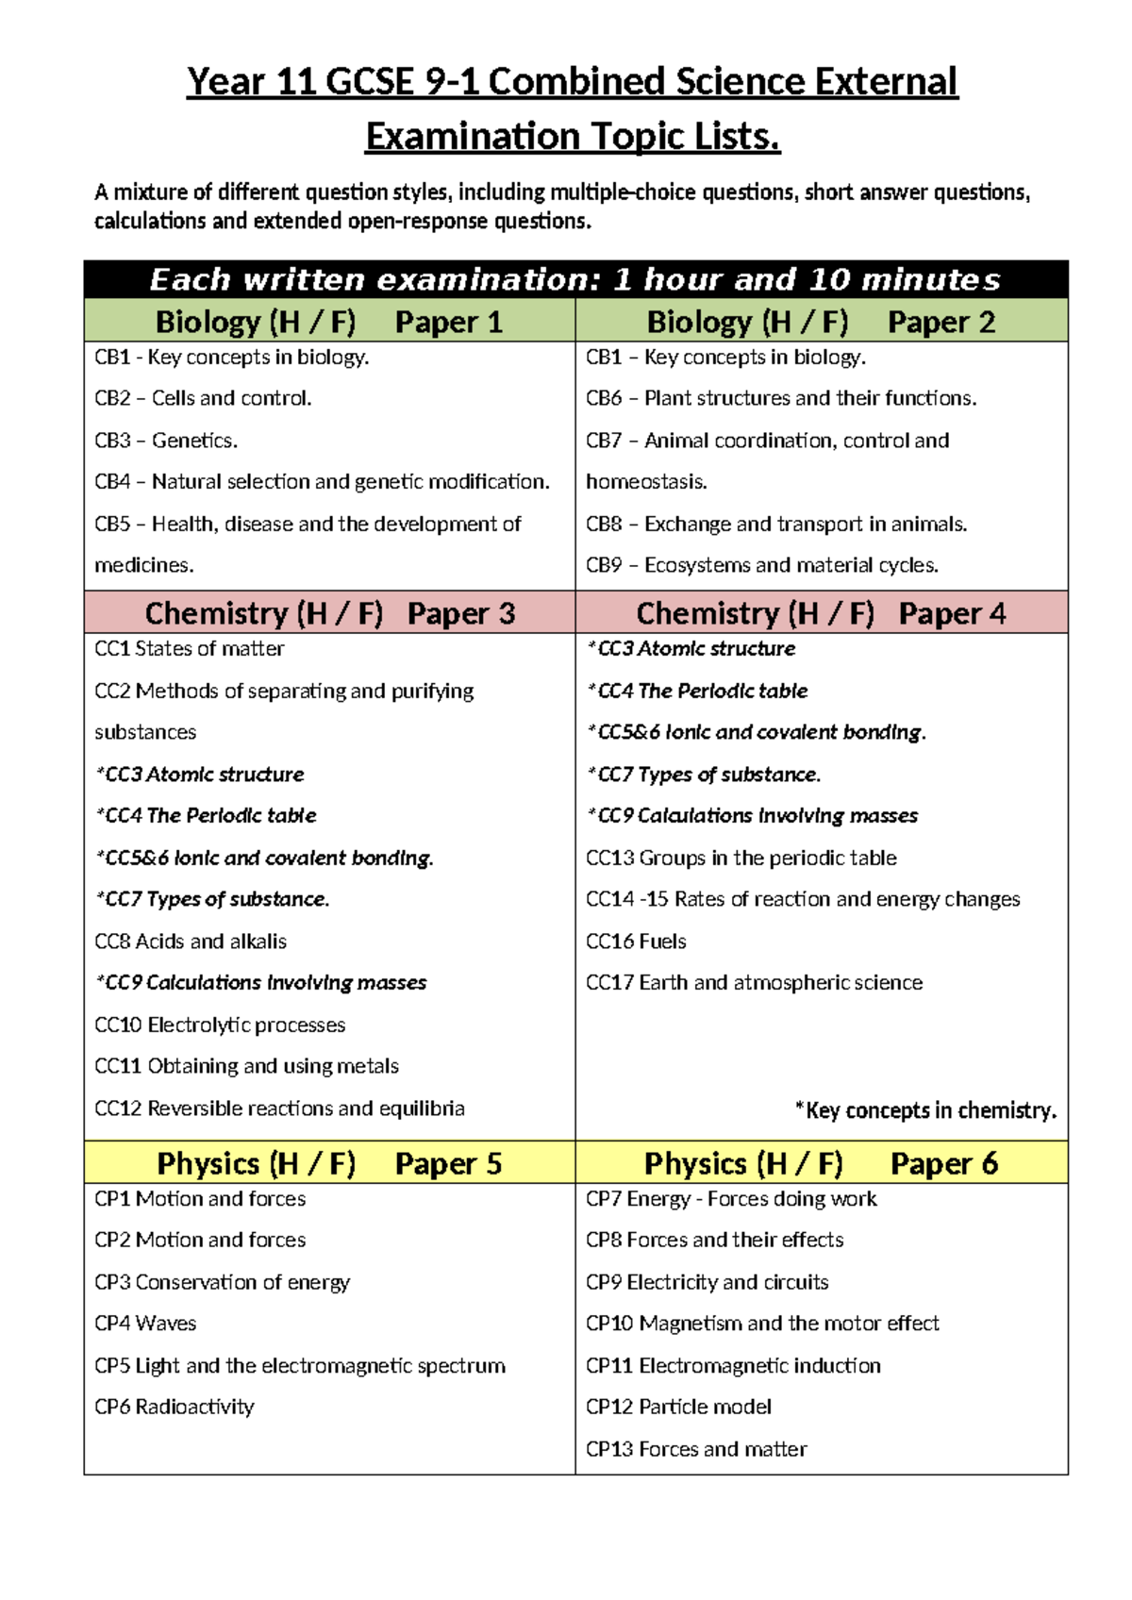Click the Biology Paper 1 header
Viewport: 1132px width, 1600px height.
click(328, 322)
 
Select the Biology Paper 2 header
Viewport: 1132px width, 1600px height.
click(821, 322)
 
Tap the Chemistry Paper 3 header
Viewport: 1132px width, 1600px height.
click(329, 613)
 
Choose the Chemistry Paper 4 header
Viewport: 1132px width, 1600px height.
click(821, 613)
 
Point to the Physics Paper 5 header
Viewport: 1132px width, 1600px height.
click(329, 1163)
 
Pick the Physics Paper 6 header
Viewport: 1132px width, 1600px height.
click(821, 1163)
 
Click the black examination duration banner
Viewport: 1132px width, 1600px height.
click(575, 280)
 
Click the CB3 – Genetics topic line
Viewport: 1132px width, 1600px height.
click(166, 441)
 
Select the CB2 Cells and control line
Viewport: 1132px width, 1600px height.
click(203, 398)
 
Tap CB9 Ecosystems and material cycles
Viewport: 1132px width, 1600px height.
click(762, 565)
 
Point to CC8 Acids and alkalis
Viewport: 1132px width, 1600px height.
click(191, 942)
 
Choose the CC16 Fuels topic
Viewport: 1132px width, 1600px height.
click(636, 942)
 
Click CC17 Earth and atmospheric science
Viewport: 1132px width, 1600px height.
click(754, 983)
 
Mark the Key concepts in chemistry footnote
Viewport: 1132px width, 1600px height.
click(925, 1110)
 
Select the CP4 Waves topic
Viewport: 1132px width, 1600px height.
click(145, 1324)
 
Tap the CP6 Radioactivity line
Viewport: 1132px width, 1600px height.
click(175, 1407)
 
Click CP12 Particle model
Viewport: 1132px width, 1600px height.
click(678, 1407)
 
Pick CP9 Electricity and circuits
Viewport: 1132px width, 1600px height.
click(707, 1282)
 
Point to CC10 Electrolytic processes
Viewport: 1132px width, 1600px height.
click(220, 1025)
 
